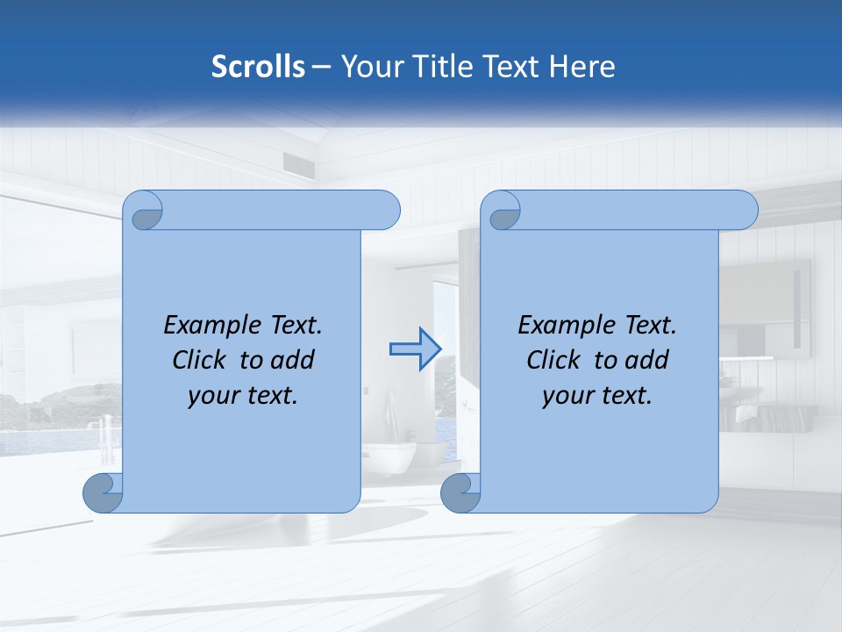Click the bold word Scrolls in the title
click(258, 67)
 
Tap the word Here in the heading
click(582, 67)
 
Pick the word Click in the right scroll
click(553, 361)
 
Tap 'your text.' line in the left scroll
click(243, 396)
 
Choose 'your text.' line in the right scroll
click(597, 396)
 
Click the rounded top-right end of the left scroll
click(386, 210)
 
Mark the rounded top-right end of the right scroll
click(744, 210)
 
